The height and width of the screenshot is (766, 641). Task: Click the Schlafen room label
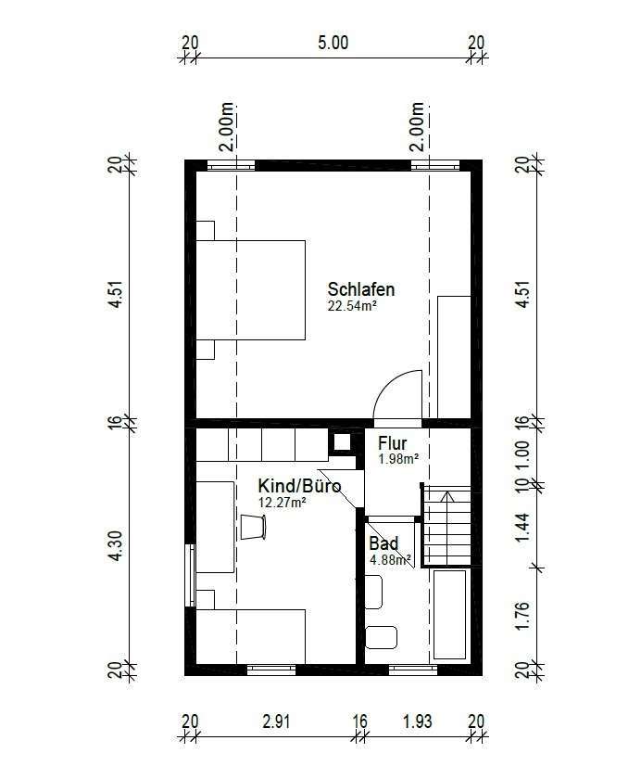pos(361,289)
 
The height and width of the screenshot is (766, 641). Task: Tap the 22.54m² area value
pos(352,306)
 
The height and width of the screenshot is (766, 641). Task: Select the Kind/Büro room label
pos(299,486)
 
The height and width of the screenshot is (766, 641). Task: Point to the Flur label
pos(392,443)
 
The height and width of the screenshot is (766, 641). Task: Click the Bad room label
pos(383,543)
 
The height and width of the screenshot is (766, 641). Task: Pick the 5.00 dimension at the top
pos(333,43)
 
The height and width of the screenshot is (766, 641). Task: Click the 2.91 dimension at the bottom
pos(276,721)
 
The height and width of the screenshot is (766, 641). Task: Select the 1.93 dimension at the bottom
pos(417,721)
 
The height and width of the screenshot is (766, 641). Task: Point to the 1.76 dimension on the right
pos(522,617)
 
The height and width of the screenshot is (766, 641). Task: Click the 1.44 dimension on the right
pos(522,527)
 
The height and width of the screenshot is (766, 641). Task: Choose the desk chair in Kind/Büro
pos(253,527)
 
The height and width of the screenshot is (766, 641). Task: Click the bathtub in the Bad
pos(450,614)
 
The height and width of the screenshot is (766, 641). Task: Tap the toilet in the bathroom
pos(381,637)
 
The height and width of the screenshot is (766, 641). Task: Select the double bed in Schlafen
pos(251,289)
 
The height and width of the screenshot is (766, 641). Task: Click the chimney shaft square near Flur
pos(343,441)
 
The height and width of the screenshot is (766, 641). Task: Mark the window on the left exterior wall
pos(190,576)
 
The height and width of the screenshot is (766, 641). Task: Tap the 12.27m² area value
pos(282,503)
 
